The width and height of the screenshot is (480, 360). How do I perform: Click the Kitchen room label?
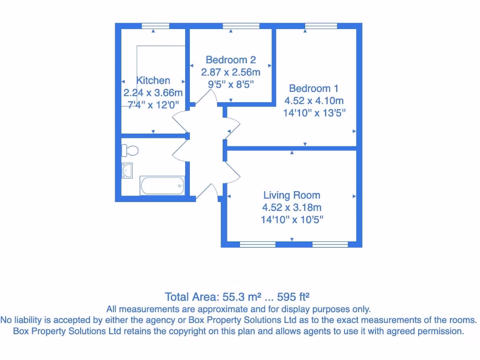tap(153, 81)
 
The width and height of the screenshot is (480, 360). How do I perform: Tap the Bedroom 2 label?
tap(231, 60)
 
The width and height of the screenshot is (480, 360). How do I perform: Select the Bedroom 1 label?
tap(314, 88)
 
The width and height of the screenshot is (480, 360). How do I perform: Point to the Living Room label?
tap(292, 195)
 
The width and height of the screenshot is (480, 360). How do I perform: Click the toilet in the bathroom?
tap(130, 150)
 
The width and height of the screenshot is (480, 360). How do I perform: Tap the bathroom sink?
tap(127, 170)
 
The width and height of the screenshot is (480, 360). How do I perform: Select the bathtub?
tap(162, 185)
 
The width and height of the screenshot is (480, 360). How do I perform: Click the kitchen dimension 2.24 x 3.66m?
tap(153, 93)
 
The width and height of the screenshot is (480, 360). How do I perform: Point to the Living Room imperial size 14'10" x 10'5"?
tap(292, 219)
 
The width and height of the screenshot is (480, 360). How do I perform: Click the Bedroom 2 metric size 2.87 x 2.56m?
tap(231, 72)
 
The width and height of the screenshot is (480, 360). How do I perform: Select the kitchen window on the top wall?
tap(155, 26)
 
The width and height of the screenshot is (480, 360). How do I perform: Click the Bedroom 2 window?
tap(241, 26)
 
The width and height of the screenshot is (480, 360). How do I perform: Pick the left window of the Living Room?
tap(257, 244)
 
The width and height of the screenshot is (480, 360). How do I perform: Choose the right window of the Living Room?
tap(330, 244)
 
